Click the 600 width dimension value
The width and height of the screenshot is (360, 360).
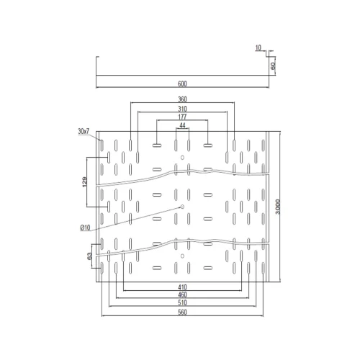tap(182, 84)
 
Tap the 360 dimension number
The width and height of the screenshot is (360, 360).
tap(182, 99)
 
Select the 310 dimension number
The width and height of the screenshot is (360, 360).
tap(182, 109)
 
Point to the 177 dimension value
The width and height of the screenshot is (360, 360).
tap(182, 117)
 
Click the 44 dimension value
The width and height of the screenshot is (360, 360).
tap(182, 125)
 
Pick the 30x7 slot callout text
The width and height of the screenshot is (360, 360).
tap(84, 131)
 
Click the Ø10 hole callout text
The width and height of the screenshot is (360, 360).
tap(86, 228)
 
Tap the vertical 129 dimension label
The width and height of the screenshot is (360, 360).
tap(84, 182)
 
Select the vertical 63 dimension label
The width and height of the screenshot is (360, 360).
tap(89, 256)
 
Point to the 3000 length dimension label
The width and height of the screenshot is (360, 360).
tap(278, 207)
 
